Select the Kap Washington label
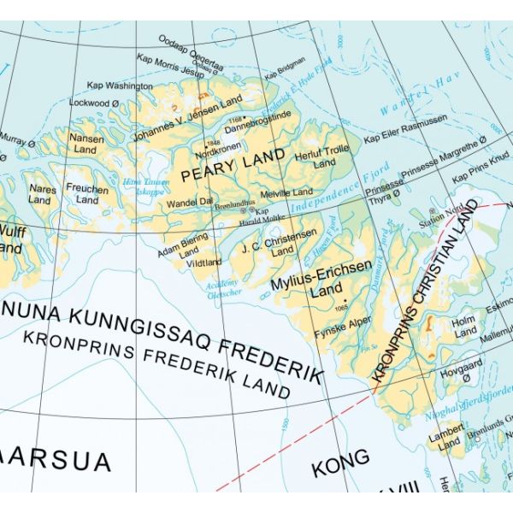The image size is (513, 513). click(x=120, y=85)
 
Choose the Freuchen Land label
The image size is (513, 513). click(x=87, y=194)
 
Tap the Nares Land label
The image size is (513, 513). click(x=40, y=194)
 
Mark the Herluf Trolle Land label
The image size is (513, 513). click(x=324, y=157)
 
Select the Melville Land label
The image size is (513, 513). click(x=286, y=192)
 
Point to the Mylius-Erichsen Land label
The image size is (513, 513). click(x=321, y=278)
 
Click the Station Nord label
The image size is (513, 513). click(x=439, y=217)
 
